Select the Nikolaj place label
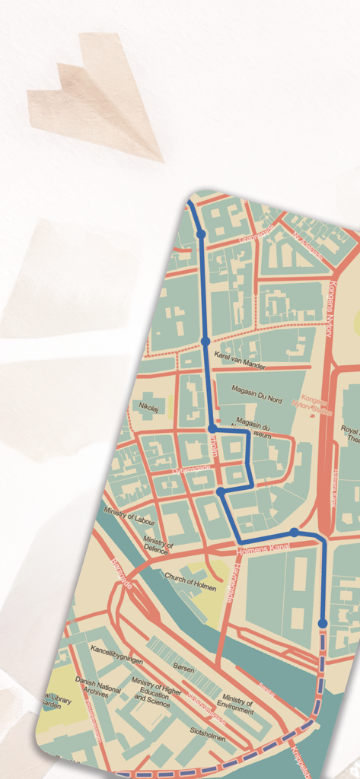(148, 407)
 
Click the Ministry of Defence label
(158, 542)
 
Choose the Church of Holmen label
(190, 582)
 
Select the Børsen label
(183, 669)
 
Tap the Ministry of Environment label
(237, 704)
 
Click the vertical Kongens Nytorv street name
(332, 299)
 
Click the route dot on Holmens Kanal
(295, 533)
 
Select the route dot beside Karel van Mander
(205, 342)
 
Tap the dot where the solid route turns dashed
(323, 623)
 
